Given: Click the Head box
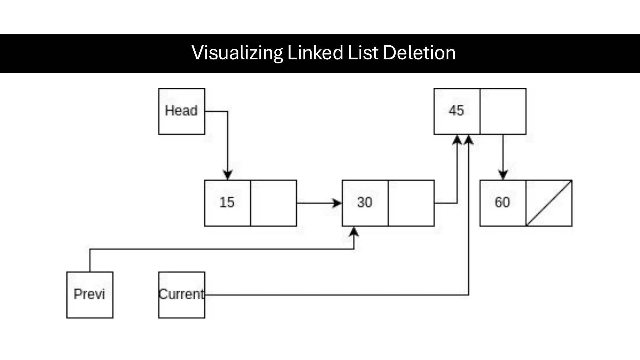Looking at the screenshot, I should tap(182, 111).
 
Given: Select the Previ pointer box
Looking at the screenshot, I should tap(90, 295).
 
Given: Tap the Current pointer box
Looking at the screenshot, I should tap(182, 295).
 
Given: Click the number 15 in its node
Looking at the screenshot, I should tap(227, 202).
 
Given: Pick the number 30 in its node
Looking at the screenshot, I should tap(365, 202).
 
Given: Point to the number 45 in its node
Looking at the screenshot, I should tap(456, 111).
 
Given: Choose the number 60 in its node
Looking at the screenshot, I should tap(502, 202).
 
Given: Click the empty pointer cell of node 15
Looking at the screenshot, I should tap(273, 203).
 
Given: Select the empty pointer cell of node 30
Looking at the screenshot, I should tap(411, 203).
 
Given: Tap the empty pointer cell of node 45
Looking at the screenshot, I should tap(503, 111).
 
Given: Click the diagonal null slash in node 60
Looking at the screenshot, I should tap(549, 203).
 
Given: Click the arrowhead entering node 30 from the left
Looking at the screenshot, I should tap(337, 203).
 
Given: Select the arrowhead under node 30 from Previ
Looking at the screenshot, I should tap(354, 232).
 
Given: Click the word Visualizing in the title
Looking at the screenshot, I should tap(237, 53).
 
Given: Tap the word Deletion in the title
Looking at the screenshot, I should tap(419, 53).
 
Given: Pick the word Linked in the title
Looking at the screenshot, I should tap(315, 53).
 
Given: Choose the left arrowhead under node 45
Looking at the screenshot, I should tap(457, 140).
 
